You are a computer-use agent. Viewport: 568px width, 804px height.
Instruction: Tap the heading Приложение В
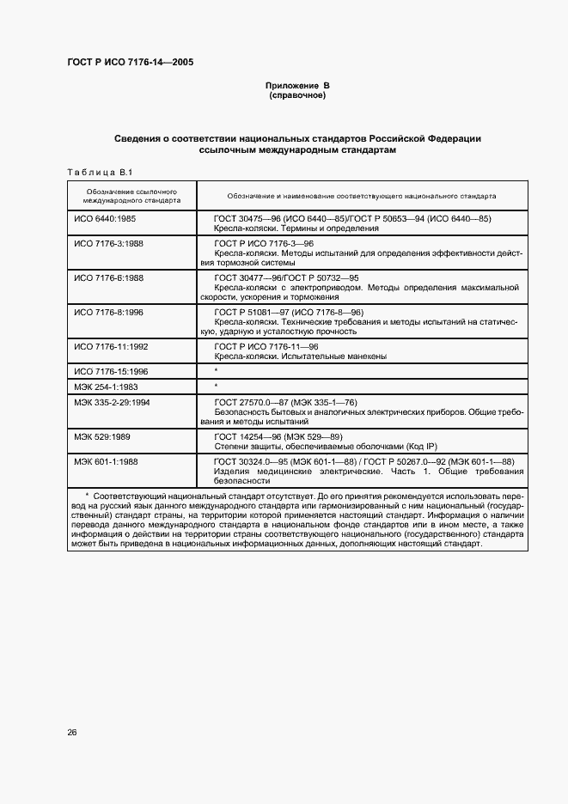[297, 86]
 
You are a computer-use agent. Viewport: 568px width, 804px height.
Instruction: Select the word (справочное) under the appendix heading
[297, 96]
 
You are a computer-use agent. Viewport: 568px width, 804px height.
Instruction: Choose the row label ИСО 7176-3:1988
[110, 244]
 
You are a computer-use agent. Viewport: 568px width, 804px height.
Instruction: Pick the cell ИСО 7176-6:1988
[110, 277]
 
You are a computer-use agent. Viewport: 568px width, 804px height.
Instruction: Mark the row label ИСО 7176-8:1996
[110, 311]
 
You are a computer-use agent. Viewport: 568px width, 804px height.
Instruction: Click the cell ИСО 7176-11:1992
[113, 345]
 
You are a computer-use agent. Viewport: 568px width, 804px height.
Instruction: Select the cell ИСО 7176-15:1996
[113, 371]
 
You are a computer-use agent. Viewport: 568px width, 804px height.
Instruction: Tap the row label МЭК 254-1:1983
[107, 387]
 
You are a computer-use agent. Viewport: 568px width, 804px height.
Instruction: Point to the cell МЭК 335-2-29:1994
[113, 402]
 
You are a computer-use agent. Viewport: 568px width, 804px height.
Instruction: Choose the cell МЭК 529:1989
[103, 436]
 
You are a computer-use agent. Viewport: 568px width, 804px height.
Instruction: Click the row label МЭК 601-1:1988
[107, 461]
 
